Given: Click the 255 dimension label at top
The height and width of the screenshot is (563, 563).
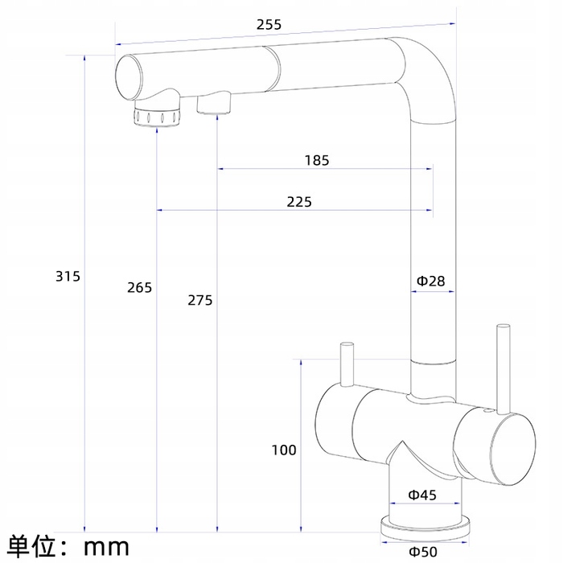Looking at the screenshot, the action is tap(269, 24).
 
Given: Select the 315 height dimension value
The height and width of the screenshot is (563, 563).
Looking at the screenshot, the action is tap(68, 277).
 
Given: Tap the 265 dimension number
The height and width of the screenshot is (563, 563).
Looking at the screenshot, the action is tap(140, 288).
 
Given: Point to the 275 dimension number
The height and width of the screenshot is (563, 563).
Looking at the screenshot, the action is tap(200, 300).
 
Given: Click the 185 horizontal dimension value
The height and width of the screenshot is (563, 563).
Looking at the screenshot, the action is tap(317, 161).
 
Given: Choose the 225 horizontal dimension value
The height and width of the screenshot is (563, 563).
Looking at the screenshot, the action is tap(299, 202).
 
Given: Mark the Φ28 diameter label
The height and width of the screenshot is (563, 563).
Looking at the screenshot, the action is tap(430, 281).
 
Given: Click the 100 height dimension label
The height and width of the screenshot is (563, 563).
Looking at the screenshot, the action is tap(284, 450).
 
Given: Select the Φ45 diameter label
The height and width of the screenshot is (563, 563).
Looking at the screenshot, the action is tap(422, 495).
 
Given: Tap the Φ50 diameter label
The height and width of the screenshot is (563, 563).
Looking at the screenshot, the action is tap(423, 552).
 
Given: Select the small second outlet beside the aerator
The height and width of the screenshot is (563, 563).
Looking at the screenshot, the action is tap(214, 102).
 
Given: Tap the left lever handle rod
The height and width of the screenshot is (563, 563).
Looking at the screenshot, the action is tap(347, 364).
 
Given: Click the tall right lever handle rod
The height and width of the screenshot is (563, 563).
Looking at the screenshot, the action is tap(503, 369).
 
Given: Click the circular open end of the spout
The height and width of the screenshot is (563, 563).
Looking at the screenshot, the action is tap(128, 77).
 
